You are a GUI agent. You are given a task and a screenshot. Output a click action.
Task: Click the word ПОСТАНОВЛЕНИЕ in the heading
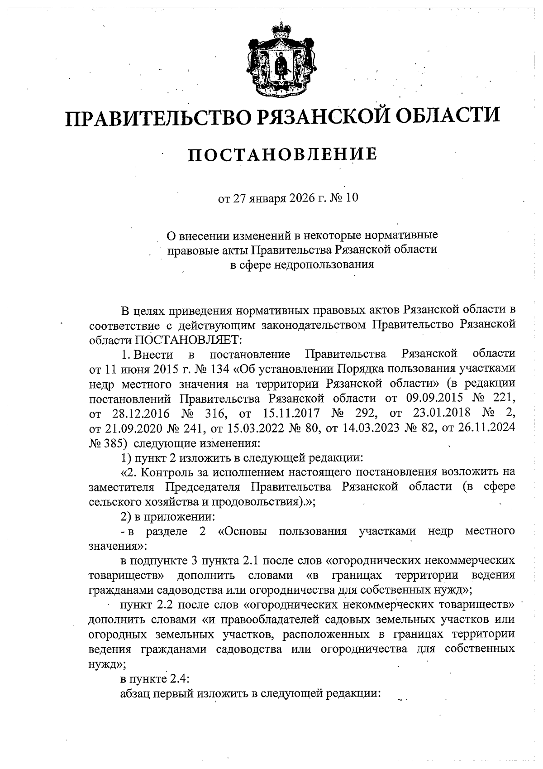point(282,154)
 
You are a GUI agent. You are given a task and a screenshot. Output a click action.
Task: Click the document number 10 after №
point(351,198)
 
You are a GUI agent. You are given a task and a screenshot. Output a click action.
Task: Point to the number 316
point(217,413)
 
